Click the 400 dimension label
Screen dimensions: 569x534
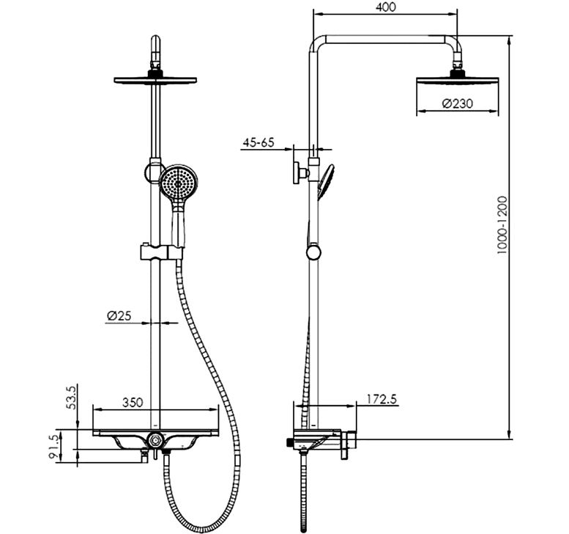(386, 7)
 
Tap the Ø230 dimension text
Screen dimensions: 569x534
(457, 103)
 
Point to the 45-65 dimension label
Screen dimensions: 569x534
(259, 142)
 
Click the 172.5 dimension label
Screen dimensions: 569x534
(382, 399)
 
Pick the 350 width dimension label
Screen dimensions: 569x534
(133, 403)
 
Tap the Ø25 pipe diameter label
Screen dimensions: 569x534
(119, 315)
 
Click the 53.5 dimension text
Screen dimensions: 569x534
(72, 398)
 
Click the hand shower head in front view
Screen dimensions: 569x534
(178, 183)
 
